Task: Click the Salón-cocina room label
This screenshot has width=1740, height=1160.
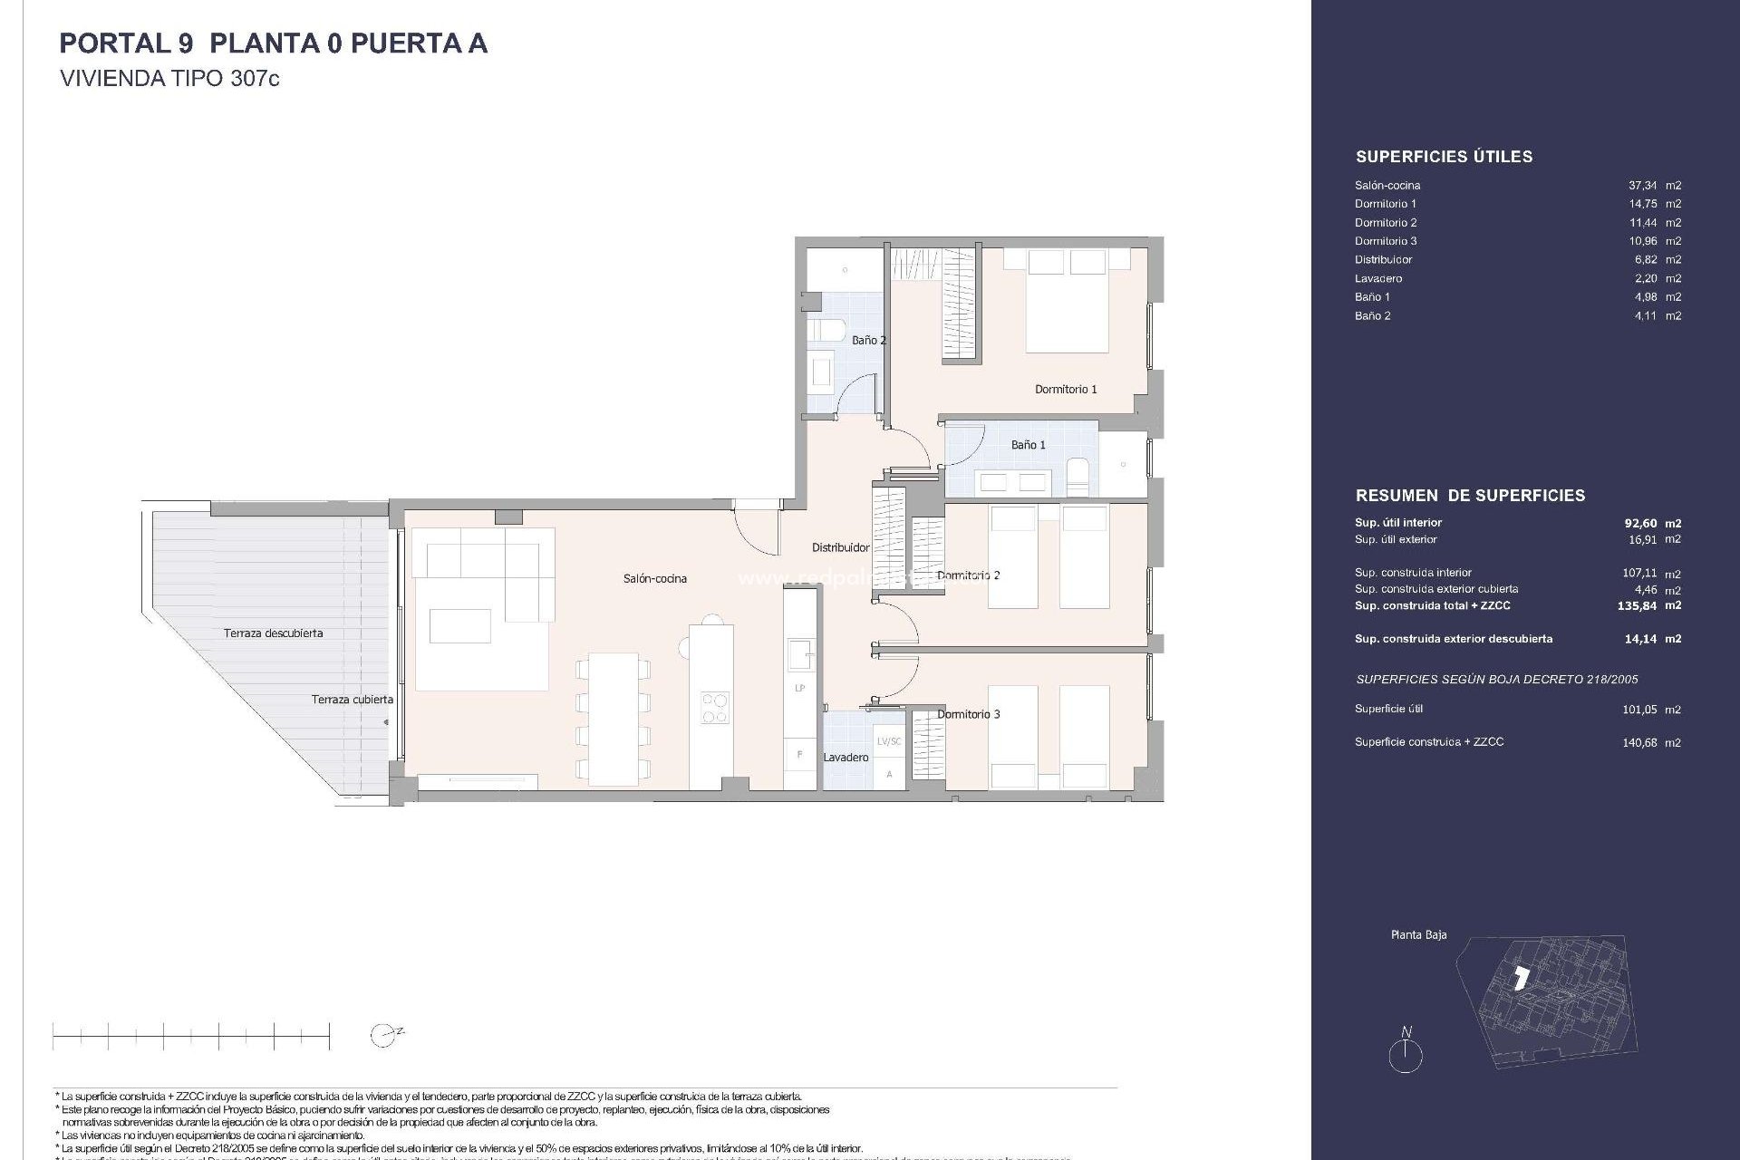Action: pyautogui.click(x=654, y=578)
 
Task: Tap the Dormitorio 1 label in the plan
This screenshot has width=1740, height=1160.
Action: pyautogui.click(x=1066, y=389)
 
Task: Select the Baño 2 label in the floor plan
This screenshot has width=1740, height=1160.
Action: pyautogui.click(x=868, y=340)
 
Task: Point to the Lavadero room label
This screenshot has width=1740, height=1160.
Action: pyautogui.click(x=846, y=757)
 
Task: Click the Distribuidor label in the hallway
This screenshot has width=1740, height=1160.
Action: pyautogui.click(x=840, y=547)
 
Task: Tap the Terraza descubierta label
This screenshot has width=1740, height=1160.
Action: pyautogui.click(x=273, y=633)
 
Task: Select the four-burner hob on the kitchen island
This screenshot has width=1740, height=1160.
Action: pyautogui.click(x=714, y=707)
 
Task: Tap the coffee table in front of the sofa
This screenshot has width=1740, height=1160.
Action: pyautogui.click(x=460, y=625)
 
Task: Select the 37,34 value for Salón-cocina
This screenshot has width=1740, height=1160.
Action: pyautogui.click(x=1642, y=185)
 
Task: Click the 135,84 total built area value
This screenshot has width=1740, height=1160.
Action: pyautogui.click(x=1637, y=605)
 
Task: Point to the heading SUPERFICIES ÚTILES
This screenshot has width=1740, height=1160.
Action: pyautogui.click(x=1444, y=157)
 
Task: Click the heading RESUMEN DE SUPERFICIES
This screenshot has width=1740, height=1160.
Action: pyautogui.click(x=1470, y=496)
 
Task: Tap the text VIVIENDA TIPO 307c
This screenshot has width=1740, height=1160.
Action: pyautogui.click(x=169, y=79)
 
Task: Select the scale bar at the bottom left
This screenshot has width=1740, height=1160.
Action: pyautogui.click(x=191, y=1036)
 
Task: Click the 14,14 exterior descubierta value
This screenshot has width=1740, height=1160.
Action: pyautogui.click(x=1640, y=639)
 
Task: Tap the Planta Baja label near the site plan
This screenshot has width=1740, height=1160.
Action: pyautogui.click(x=1418, y=934)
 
